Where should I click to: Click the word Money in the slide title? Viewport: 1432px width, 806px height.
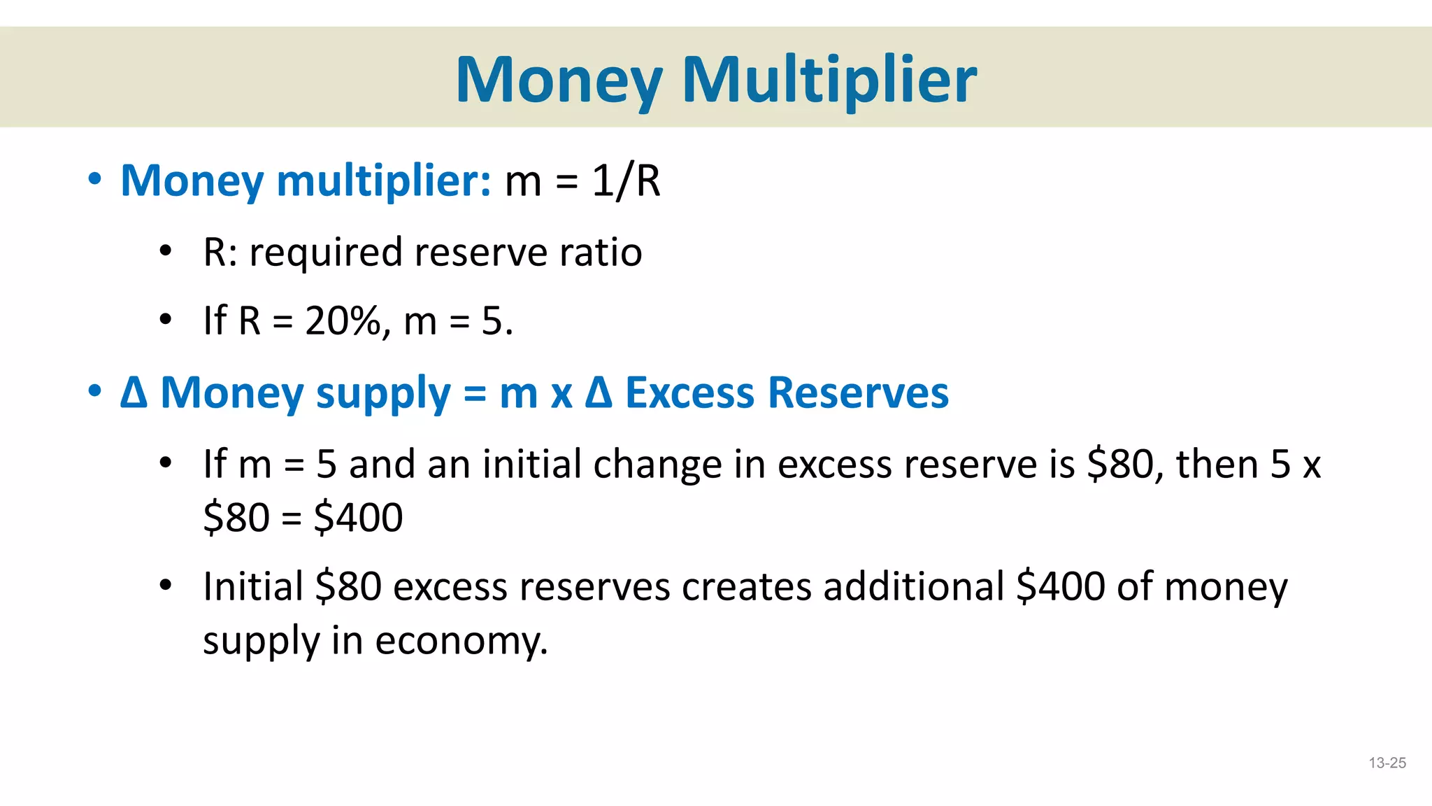pyautogui.click(x=559, y=80)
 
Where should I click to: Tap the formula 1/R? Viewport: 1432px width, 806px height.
pyautogui.click(x=626, y=181)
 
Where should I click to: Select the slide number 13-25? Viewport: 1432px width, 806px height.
pyautogui.click(x=1387, y=763)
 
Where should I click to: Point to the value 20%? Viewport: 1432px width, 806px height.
pyautogui.click(x=343, y=321)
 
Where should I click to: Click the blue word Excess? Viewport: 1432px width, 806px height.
pyautogui.click(x=689, y=393)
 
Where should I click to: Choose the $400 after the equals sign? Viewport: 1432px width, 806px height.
pyautogui.click(x=358, y=518)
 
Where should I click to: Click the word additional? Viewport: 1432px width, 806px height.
pyautogui.click(x=914, y=586)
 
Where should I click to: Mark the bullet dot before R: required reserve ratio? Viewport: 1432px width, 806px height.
pyautogui.click(x=165, y=250)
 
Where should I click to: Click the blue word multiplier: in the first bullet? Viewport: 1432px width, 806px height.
pyautogui.click(x=385, y=181)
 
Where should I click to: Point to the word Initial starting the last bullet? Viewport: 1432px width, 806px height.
pyautogui.click(x=253, y=586)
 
